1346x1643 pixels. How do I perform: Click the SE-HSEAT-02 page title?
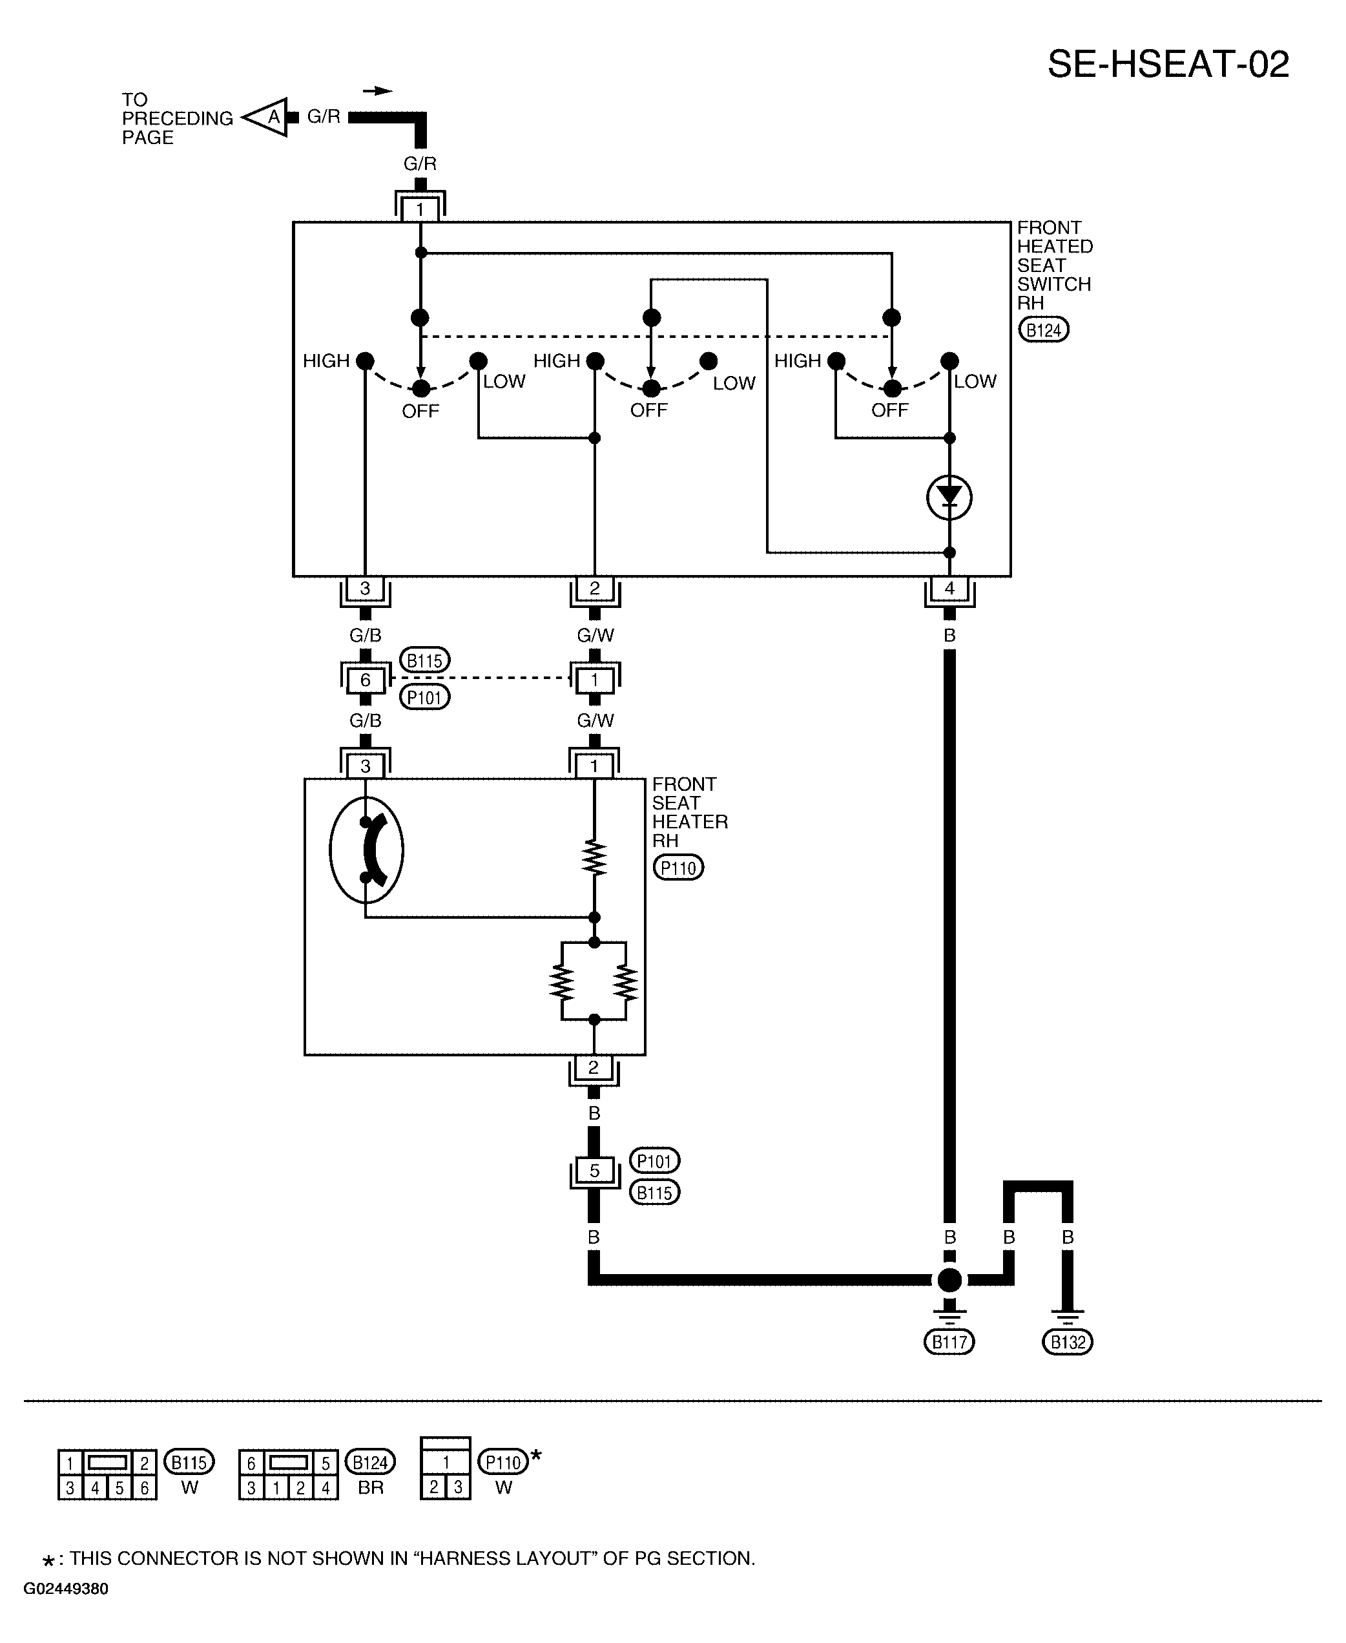[x=1168, y=65]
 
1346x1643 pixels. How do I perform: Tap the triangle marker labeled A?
[x=266, y=117]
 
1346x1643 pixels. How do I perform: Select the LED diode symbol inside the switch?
[x=949, y=497]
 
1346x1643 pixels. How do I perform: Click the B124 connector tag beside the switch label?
[x=1043, y=330]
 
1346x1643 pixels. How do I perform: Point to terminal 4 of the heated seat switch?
[x=949, y=588]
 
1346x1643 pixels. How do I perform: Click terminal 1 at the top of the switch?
[x=420, y=209]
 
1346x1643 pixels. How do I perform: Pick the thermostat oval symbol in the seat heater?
[x=366, y=850]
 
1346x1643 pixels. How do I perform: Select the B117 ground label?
[x=949, y=1341]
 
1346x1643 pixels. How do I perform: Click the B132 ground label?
[x=1068, y=1341]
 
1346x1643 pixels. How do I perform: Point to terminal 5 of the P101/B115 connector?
[x=594, y=1171]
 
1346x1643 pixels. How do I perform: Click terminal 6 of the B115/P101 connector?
[x=365, y=680]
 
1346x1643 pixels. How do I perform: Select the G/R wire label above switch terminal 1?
[x=420, y=163]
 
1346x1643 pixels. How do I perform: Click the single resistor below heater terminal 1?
[x=595, y=858]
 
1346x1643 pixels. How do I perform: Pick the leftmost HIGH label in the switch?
[x=326, y=361]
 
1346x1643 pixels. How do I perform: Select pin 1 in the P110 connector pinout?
[x=446, y=1462]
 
